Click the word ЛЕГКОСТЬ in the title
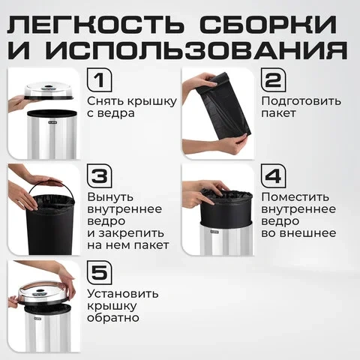click(x=95, y=25)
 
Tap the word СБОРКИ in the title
click(x=268, y=25)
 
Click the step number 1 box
click(x=100, y=80)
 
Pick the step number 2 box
click(x=274, y=80)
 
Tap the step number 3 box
click(x=100, y=176)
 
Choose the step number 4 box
click(x=274, y=176)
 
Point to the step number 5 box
click(x=100, y=272)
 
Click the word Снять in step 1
click(x=106, y=101)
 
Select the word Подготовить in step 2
click(x=301, y=102)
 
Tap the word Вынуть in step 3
click(x=110, y=197)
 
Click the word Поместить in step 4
click(x=295, y=197)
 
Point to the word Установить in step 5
click(x=123, y=294)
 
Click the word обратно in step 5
click(x=113, y=317)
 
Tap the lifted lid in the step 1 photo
click(x=49, y=91)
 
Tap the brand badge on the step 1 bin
click(x=50, y=123)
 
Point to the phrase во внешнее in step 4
click(x=298, y=233)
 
